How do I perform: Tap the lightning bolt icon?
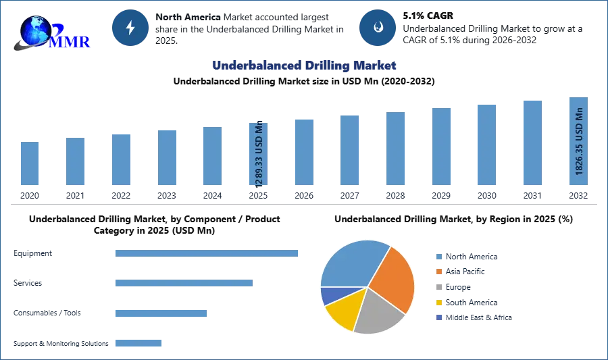point(130,28)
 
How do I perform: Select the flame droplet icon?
point(378,28)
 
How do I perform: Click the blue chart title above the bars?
point(304,66)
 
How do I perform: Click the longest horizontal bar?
point(207,254)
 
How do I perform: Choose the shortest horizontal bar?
point(138,343)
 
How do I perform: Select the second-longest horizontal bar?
point(183,281)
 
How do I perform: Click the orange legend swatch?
point(438,272)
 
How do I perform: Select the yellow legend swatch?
point(438,303)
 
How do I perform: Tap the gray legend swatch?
point(438,287)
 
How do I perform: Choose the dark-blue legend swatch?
point(438,317)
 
